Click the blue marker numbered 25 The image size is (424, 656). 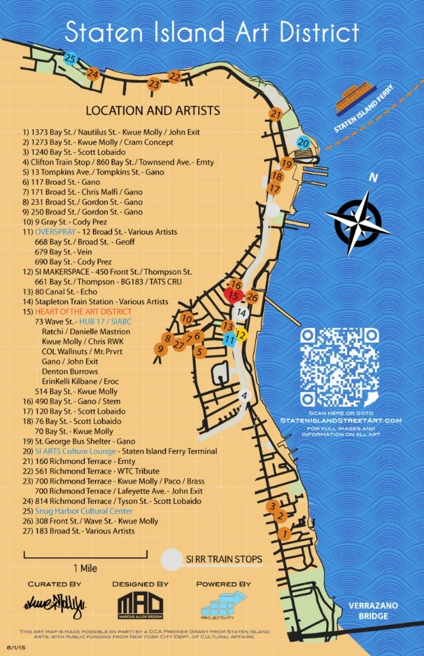pos(70,58)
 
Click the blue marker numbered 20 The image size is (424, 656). pos(303,142)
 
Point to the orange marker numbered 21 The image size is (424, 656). pos(276,114)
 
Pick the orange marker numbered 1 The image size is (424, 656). pos(284,534)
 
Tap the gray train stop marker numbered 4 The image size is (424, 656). pos(244,396)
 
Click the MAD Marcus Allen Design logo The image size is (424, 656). pos(140,604)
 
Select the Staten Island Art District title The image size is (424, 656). pos(212,31)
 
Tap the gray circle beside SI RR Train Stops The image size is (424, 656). pos(172,559)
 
